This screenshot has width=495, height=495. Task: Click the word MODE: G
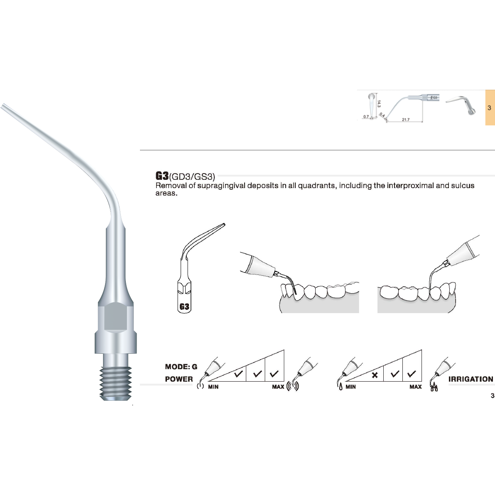181,367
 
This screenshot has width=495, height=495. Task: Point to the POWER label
179,379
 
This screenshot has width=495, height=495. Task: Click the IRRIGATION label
471,379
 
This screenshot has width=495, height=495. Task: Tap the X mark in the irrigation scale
375,375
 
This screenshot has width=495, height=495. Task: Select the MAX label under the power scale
278,387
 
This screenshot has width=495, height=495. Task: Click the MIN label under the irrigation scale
350,387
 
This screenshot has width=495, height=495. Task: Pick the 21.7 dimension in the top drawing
405,120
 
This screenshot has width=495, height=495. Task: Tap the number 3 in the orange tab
490,108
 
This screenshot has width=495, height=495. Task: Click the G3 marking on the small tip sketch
185,307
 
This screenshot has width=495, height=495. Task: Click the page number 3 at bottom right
493,396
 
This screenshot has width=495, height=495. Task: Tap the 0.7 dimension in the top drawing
366,117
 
